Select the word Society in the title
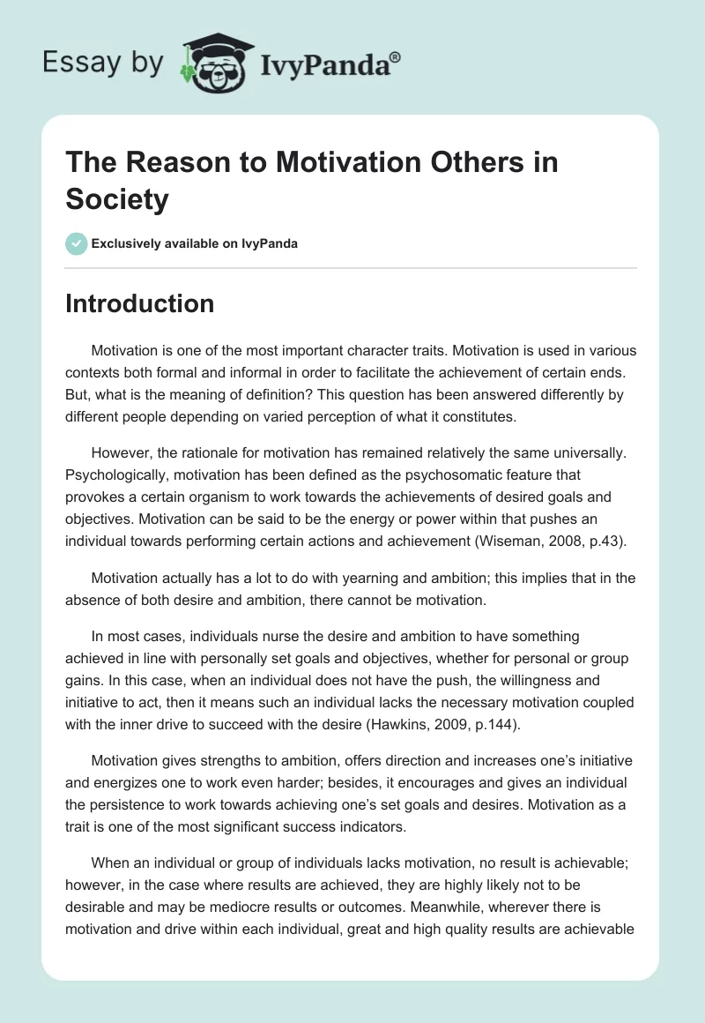[x=116, y=199]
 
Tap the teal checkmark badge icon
[x=76, y=243]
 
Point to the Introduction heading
[x=139, y=303]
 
